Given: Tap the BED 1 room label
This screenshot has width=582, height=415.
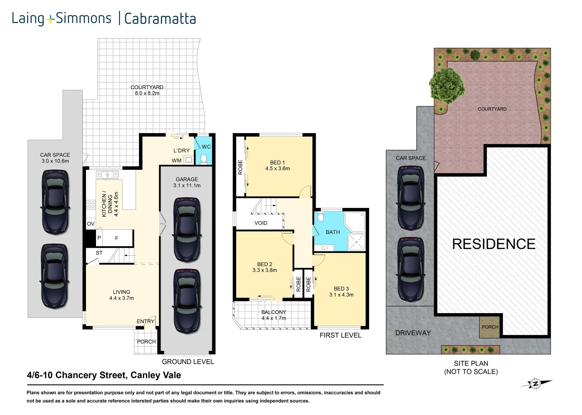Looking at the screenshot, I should tap(277, 165).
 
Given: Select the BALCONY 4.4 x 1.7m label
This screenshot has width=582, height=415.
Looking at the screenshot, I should tap(274, 315).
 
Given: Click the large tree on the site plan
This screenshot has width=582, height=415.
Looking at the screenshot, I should tap(446, 85).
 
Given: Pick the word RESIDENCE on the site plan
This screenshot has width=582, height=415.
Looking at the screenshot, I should tap(494, 244).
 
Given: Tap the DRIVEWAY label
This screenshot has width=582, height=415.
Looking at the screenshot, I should tap(413, 333).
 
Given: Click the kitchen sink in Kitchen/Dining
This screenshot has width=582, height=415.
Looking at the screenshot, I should tap(108, 175).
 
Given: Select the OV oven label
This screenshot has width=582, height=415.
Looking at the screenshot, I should tap(91, 224).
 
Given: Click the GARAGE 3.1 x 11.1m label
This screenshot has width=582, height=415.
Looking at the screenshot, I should tap(187, 182).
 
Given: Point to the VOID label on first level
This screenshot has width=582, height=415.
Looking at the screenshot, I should tap(261, 223).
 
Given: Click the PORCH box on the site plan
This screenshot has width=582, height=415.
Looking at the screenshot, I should tap(490, 327).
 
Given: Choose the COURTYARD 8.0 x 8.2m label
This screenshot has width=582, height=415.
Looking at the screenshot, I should tap(147, 90).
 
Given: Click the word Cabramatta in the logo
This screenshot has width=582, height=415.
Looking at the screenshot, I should tap(160, 18).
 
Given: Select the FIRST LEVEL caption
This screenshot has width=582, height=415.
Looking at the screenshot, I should tap(340, 335).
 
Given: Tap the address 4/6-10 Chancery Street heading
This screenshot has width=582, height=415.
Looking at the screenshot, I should tap(104, 375).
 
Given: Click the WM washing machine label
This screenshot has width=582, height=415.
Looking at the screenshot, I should tap(177, 160).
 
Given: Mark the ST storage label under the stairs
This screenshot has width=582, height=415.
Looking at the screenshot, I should tap(99, 253).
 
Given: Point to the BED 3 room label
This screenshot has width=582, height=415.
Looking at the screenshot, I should tap(341, 292).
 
